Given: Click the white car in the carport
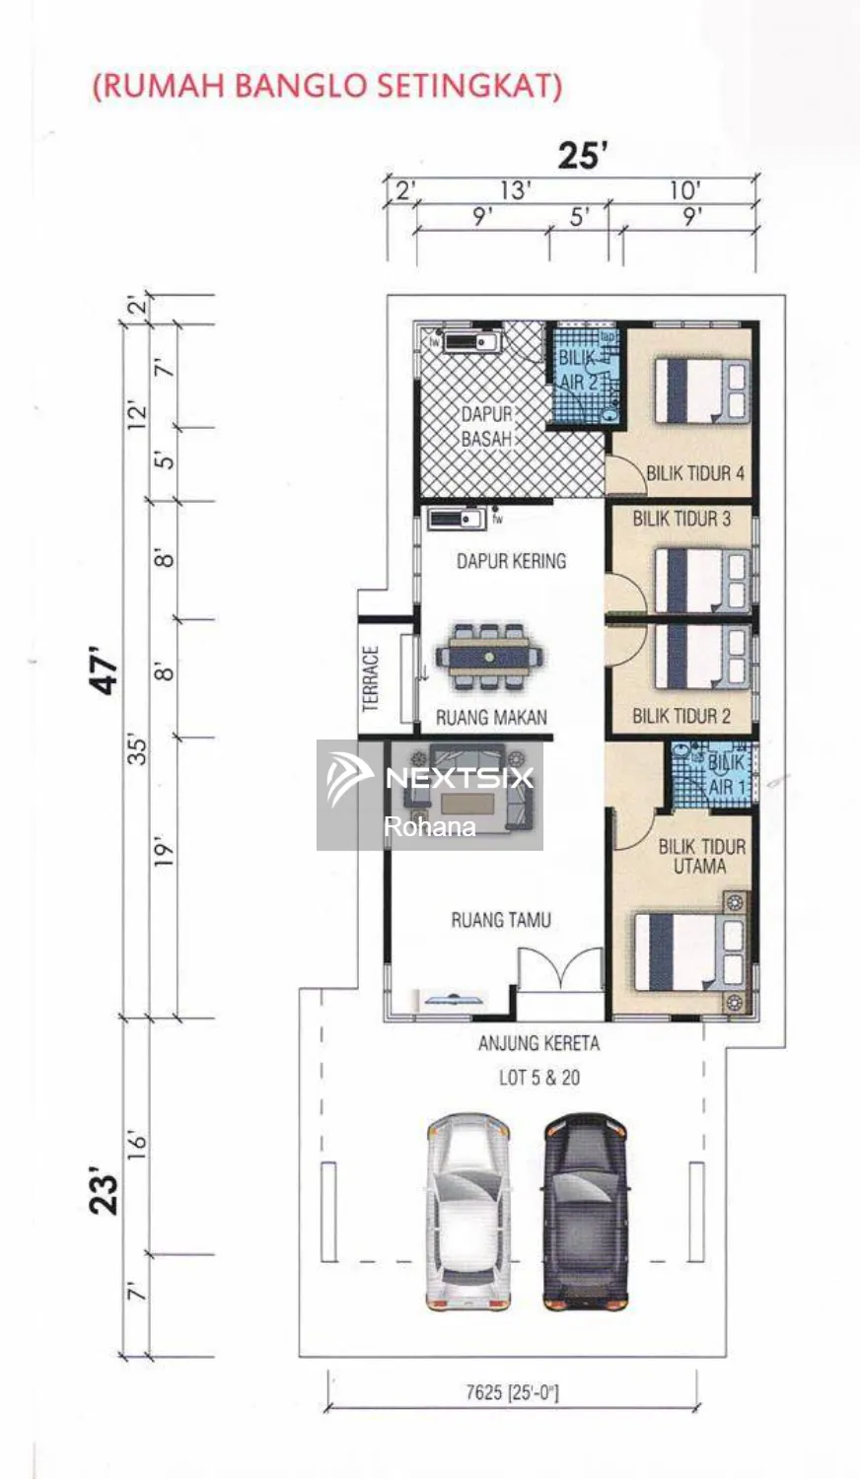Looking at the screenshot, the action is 468,1212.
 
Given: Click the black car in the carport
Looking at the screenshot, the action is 585,1212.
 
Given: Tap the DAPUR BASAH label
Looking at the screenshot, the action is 487,427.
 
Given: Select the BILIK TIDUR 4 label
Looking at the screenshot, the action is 695,472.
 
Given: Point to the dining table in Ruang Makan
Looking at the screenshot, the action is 489,657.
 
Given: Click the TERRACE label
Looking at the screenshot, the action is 371,678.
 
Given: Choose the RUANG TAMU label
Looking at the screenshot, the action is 501,920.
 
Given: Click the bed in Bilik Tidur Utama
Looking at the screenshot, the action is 692,951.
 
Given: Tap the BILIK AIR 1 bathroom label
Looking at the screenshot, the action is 726,774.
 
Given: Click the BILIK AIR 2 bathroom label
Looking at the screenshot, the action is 579,371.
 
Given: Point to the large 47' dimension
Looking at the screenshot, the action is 105,669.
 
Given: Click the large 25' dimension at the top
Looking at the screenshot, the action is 583,156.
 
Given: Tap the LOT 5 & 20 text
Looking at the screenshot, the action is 539,1078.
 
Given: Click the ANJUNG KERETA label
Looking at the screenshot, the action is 539,1043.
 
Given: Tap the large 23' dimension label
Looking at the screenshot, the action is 105,1194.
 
